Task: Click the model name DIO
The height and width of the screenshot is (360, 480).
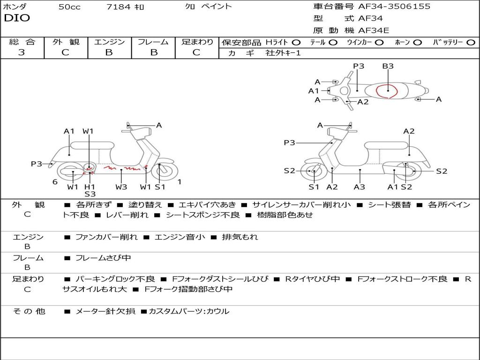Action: (17, 18)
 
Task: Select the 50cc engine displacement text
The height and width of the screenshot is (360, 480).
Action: (69, 7)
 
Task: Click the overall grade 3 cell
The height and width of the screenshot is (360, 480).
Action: (22, 52)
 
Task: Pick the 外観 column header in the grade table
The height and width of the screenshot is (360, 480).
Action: (66, 42)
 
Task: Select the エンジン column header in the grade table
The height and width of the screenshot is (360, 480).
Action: (109, 42)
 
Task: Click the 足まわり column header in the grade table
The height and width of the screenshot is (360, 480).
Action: (197, 42)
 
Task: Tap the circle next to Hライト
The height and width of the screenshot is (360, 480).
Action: (296, 42)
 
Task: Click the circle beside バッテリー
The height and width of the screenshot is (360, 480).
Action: (471, 42)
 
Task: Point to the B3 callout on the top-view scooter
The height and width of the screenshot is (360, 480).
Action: (388, 66)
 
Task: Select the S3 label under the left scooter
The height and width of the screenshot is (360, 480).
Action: (90, 194)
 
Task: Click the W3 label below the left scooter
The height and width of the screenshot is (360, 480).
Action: (121, 187)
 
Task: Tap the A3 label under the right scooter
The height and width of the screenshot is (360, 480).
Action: (360, 187)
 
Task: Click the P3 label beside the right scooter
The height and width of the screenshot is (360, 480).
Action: (289, 142)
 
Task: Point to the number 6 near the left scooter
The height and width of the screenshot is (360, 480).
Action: (55, 182)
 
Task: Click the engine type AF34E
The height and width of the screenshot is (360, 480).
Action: (374, 30)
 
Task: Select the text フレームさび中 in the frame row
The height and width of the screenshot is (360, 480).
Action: (103, 258)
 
